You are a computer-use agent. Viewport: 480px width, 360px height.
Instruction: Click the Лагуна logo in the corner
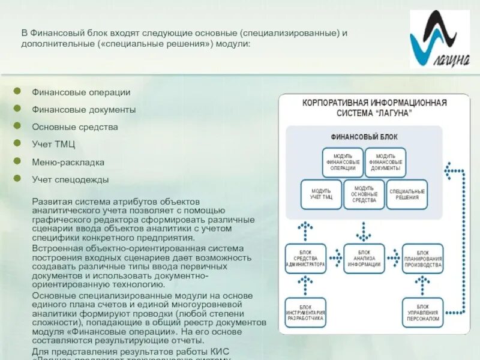[440, 40]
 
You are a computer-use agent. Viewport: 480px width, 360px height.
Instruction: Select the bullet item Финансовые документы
[83, 110]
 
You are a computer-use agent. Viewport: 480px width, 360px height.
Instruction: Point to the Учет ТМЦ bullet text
[53, 145]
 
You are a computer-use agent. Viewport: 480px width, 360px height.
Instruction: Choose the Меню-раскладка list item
[68, 162]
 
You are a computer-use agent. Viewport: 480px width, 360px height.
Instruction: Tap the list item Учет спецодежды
[70, 179]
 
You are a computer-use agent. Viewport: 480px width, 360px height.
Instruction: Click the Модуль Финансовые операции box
[343, 162]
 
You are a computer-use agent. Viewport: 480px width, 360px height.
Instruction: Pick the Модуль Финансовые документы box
[385, 162]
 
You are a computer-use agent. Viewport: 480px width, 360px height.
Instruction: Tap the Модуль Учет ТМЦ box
[321, 194]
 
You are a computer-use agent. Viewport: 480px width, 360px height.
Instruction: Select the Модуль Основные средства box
[364, 194]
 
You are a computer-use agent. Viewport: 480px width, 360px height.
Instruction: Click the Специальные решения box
[407, 194]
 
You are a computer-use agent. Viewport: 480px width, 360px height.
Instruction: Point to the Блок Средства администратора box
[305, 259]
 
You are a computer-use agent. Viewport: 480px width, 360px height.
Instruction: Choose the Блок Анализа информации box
[364, 259]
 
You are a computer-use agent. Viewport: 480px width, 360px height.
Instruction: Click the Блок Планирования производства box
[422, 259]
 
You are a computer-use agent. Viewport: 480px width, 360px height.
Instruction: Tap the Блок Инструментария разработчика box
[305, 313]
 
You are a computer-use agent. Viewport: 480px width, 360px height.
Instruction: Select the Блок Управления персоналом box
[422, 313]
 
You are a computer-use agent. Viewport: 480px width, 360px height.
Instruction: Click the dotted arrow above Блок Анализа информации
[364, 230]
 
